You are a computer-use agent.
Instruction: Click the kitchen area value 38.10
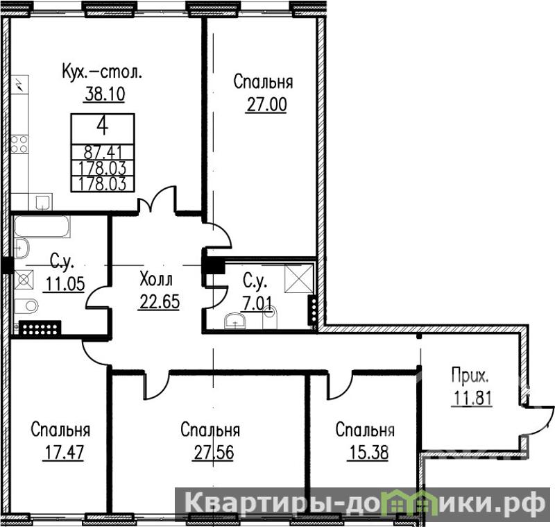click(x=105, y=94)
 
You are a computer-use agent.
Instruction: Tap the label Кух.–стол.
click(x=102, y=72)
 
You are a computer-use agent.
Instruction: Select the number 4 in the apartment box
click(x=102, y=126)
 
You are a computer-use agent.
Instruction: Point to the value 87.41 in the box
click(x=103, y=153)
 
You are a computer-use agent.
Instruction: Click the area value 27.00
click(x=266, y=104)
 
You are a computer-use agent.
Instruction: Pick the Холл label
click(x=156, y=278)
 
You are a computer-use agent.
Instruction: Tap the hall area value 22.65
click(x=160, y=302)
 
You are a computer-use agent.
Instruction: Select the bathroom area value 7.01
click(x=257, y=303)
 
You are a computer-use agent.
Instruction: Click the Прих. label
click(x=470, y=376)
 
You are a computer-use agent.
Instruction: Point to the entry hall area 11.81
click(x=472, y=398)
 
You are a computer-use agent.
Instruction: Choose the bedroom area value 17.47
click(x=64, y=452)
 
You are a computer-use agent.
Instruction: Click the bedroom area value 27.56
click(x=214, y=452)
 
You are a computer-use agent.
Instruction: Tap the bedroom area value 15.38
click(x=368, y=452)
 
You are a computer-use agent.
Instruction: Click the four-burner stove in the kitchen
click(x=19, y=144)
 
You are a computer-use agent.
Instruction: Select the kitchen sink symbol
click(x=44, y=202)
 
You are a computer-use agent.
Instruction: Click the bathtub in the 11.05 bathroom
click(x=42, y=226)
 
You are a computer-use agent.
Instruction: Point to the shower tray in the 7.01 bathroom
click(x=299, y=278)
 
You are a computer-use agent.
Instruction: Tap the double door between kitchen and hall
click(x=157, y=200)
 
